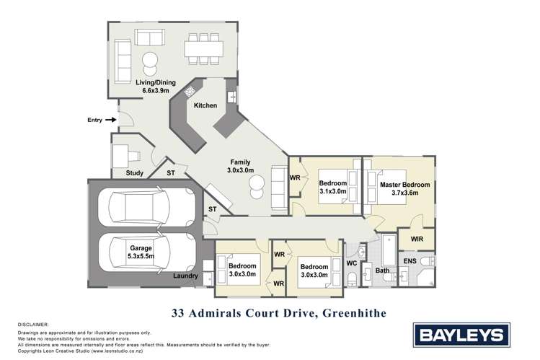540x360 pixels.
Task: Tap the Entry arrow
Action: (110, 120)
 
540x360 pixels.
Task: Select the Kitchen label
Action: (205, 106)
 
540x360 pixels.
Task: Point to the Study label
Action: (135, 173)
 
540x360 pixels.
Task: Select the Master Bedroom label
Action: (404, 185)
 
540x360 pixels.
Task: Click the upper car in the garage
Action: (142, 207)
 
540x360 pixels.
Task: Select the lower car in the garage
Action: (142, 252)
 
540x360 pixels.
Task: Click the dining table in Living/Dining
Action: (203, 49)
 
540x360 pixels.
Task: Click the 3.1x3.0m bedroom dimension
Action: (332, 192)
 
